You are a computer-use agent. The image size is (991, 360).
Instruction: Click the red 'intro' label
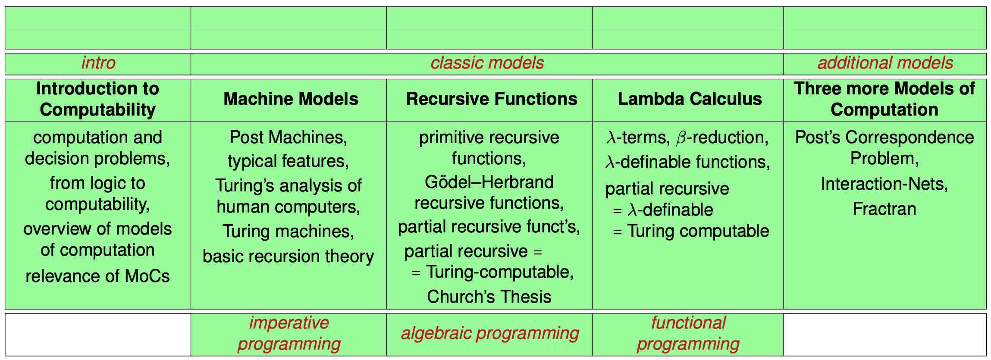tap(98, 63)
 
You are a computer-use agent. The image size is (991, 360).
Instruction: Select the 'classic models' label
tap(487, 63)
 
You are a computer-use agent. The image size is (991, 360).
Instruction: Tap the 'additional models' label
tap(885, 63)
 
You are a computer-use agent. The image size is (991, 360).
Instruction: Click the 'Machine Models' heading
tap(291, 99)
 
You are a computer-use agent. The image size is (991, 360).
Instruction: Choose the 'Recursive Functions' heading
tap(491, 99)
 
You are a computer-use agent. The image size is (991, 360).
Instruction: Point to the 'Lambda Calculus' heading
tap(690, 99)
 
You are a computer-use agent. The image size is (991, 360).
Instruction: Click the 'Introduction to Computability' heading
tap(98, 99)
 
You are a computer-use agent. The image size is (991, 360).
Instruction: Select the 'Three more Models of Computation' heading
tap(884, 99)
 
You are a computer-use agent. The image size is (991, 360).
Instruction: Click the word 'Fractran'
tap(884, 209)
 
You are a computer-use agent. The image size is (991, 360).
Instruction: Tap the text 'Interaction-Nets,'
tap(884, 184)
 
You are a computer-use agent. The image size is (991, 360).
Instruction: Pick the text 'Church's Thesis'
tap(489, 297)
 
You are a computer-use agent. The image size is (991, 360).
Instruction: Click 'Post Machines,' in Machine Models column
tap(288, 138)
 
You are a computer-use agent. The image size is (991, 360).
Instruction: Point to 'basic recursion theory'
tap(288, 257)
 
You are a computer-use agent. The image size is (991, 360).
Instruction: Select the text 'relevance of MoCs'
tap(97, 276)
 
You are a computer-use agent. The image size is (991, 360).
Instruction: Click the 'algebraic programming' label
tap(490, 333)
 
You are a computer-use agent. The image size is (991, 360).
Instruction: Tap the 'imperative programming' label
tap(289, 333)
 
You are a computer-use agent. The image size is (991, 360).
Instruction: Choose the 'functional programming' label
tap(688, 333)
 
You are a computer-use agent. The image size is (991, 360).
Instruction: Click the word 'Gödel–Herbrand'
tap(489, 182)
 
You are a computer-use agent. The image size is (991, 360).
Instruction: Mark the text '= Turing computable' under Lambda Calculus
tap(691, 231)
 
